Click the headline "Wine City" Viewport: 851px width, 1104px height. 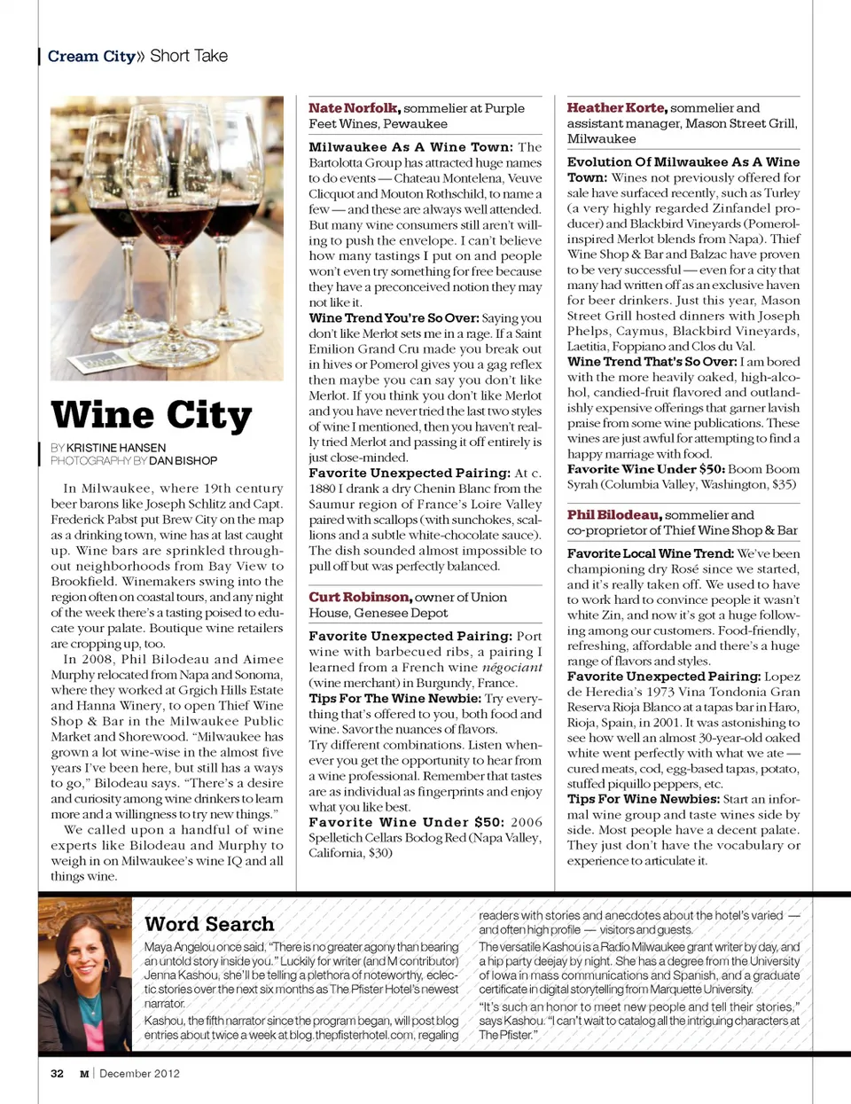coord(152,414)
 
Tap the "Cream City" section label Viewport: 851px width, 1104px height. coord(91,56)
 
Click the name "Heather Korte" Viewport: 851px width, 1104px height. coord(616,107)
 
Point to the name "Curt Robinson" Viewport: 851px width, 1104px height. coord(360,597)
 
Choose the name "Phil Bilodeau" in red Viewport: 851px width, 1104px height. coord(614,514)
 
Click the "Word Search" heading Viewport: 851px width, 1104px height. coord(209,924)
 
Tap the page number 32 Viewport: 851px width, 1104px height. coord(57,1073)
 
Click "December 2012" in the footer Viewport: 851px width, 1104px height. coord(139,1073)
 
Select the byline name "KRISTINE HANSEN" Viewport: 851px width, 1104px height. coord(116,448)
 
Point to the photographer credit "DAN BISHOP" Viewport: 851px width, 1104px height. coord(183,461)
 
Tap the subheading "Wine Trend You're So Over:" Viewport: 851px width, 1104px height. coord(393,317)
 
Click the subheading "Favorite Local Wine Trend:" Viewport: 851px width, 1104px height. coord(650,553)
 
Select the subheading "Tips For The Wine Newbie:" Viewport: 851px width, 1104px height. coord(394,698)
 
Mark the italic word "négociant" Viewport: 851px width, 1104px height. coord(511,667)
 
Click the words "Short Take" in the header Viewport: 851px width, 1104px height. coord(189,56)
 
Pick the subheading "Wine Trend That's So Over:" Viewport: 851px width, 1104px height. coord(652,361)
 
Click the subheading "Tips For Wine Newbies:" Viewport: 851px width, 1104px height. coord(644,798)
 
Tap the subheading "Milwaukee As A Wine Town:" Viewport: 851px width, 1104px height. coord(410,147)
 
